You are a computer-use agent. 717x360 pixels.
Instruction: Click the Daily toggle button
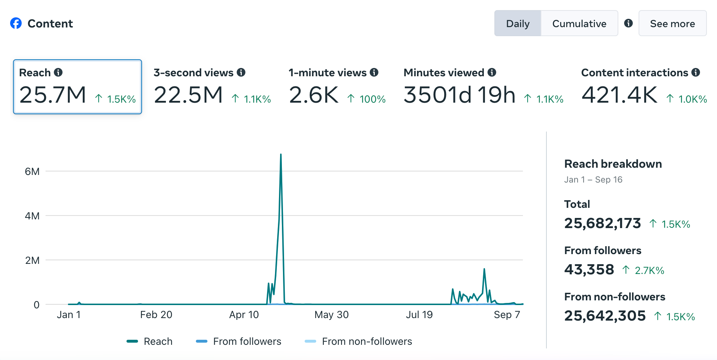tap(518, 23)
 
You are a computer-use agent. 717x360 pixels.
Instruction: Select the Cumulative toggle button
tap(579, 23)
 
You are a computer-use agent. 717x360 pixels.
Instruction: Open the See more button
tap(672, 23)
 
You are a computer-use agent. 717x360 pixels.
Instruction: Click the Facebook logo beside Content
tap(16, 23)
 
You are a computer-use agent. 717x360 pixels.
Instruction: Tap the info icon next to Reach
tap(58, 72)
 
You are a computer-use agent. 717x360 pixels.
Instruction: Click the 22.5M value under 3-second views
tap(188, 95)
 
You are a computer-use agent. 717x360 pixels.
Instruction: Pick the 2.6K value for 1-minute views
tap(314, 95)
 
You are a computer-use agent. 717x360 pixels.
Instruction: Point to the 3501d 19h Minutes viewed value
tap(459, 95)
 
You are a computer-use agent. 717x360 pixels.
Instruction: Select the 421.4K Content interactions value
tap(619, 95)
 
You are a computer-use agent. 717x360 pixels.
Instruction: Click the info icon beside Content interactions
tap(696, 72)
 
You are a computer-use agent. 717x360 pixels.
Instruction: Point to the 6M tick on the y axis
tap(32, 171)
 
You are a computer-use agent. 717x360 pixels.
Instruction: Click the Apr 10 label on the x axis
tap(244, 315)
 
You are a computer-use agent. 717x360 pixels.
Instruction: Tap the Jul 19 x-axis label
tap(419, 315)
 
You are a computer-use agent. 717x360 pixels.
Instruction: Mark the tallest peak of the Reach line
tap(281, 155)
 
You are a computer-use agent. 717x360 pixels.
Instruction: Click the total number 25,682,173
tap(602, 223)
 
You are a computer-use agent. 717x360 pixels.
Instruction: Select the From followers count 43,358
tap(589, 270)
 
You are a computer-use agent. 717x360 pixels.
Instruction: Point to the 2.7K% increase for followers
tap(649, 270)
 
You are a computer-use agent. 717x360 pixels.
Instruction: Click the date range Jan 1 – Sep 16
tap(593, 180)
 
